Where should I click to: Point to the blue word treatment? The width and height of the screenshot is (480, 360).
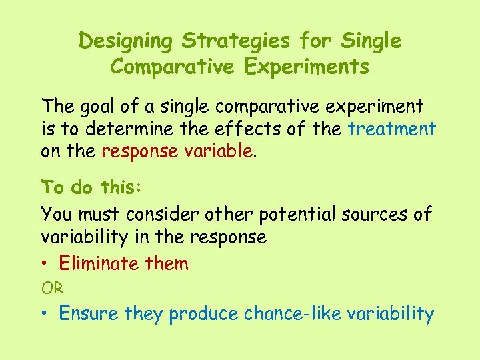(392, 128)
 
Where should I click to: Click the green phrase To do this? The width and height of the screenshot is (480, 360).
(91, 187)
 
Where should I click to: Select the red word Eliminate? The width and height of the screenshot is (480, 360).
(99, 263)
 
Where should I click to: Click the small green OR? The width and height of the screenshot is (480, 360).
(52, 288)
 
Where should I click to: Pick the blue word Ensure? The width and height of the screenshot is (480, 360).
(85, 313)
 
